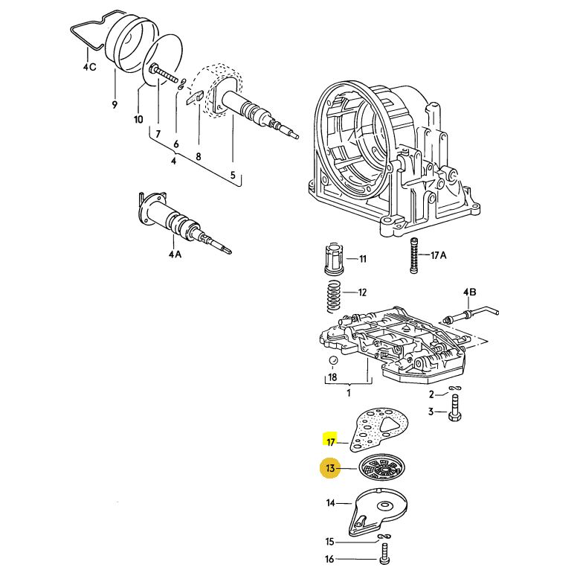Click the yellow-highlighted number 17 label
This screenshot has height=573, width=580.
[x=331, y=441]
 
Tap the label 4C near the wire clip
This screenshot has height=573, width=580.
[x=89, y=68]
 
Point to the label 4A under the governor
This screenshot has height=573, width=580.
[x=175, y=255]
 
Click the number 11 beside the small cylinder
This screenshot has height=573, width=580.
[x=362, y=259]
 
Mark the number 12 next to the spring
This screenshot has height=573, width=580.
[x=362, y=292]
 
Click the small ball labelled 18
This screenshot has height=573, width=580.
[x=333, y=362]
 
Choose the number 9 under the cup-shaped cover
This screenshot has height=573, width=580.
[x=115, y=105]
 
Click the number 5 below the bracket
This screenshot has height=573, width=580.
[x=232, y=176]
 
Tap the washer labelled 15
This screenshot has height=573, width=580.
[x=383, y=537]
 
